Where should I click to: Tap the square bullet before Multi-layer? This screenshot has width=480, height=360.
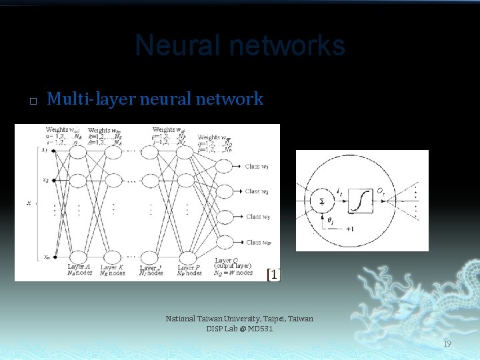31,102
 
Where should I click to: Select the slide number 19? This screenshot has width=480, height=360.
447,343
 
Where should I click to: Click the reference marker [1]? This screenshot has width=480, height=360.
273,274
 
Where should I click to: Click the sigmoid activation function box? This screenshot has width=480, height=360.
361,200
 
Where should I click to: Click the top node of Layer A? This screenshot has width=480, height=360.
78,152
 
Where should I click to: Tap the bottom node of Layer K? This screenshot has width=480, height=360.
111,257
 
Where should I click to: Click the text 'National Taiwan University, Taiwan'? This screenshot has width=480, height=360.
239,319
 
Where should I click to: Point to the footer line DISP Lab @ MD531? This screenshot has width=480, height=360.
239,329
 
